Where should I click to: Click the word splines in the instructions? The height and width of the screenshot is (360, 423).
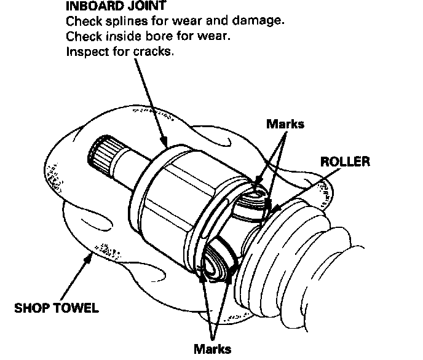(123, 22)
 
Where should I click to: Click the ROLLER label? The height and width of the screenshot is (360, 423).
(344, 162)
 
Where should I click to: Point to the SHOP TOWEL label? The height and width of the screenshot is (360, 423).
(56, 308)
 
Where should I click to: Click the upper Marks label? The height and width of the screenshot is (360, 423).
(285, 124)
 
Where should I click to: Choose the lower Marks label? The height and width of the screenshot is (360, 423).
(212, 349)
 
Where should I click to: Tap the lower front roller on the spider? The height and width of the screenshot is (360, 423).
(217, 265)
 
